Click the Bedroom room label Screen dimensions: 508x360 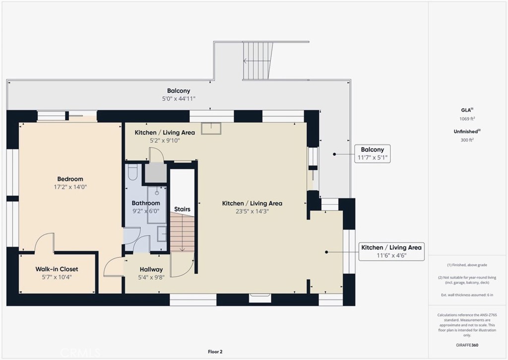(x=70, y=179)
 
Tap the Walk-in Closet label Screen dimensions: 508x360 (x=57, y=269)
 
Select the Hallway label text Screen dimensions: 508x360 (x=151, y=270)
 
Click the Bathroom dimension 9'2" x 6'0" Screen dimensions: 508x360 (x=146, y=211)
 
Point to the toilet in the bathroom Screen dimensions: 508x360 (x=133, y=172)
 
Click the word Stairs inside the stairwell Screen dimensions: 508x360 (x=182, y=209)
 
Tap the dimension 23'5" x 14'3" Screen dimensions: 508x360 (x=252, y=212)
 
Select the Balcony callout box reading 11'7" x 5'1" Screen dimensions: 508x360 (x=372, y=154)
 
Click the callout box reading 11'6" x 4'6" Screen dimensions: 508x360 (x=391, y=251)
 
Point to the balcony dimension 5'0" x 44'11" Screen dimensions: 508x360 (x=179, y=99)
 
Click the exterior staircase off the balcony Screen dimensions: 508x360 (x=258, y=61)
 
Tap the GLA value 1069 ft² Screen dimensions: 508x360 (x=467, y=119)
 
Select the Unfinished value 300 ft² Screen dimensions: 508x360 (x=467, y=140)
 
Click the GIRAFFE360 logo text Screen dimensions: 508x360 (x=467, y=345)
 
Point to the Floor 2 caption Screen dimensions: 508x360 (x=215, y=352)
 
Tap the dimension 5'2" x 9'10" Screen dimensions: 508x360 (x=165, y=141)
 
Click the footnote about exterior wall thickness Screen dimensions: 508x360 (x=467, y=295)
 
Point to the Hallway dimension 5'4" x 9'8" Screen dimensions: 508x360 (x=151, y=278)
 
